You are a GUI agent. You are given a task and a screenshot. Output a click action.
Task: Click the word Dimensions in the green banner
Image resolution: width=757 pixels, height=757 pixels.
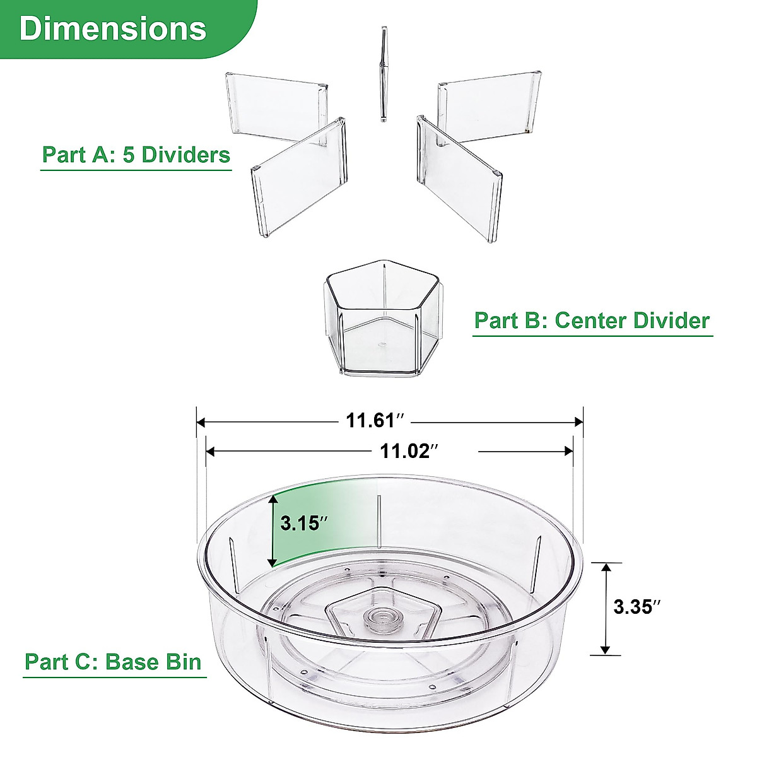[x=113, y=28]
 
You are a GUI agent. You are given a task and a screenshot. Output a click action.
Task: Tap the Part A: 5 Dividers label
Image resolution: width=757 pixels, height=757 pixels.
[x=136, y=155]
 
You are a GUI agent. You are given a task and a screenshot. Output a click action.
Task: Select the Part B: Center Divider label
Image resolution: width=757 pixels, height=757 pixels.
[x=592, y=320]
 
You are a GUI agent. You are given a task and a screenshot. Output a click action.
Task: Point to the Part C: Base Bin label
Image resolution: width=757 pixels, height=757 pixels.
[x=113, y=662]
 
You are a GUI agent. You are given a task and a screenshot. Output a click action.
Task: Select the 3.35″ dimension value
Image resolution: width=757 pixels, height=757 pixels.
[x=637, y=607]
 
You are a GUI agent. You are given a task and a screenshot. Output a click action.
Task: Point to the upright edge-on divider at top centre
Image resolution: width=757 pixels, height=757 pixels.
[x=383, y=74]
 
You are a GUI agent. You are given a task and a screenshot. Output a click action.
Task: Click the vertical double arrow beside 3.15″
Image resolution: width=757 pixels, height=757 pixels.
[x=273, y=531]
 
